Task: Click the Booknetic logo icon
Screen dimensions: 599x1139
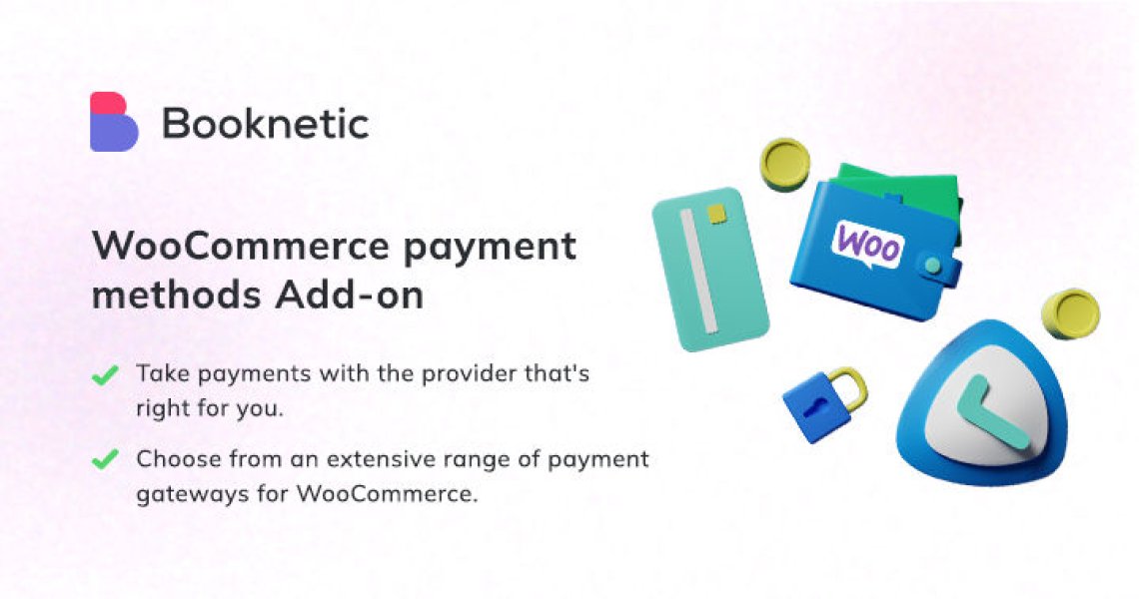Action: click(x=113, y=122)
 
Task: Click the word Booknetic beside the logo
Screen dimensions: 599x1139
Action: click(x=266, y=124)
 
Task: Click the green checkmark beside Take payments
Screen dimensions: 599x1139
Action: click(x=103, y=375)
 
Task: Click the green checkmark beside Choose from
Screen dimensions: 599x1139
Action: click(x=103, y=459)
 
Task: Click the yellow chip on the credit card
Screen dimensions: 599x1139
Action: click(x=715, y=214)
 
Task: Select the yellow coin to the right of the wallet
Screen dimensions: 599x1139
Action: click(x=1070, y=312)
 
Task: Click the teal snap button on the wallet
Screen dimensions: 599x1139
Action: click(x=932, y=266)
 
